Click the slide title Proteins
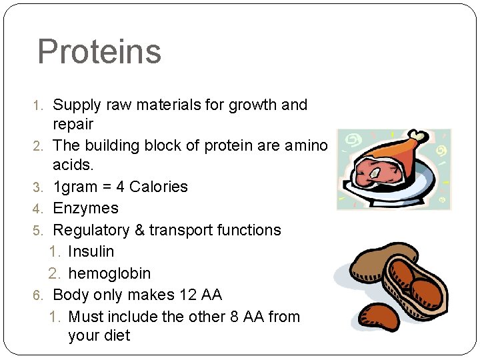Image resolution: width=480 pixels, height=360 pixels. coord(99,52)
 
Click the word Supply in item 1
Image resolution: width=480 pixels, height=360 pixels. coord(76,105)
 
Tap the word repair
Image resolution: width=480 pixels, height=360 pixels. coord(73,125)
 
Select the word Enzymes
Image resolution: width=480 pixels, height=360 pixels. coord(85,209)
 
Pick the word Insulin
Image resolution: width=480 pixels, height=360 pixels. coord(91,252)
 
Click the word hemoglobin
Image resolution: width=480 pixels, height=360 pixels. coord(109,273)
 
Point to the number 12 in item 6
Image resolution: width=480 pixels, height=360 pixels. coord(190,295)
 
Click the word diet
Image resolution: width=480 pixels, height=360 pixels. coord(117,335)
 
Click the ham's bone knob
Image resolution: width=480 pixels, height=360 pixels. coord(419,137)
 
